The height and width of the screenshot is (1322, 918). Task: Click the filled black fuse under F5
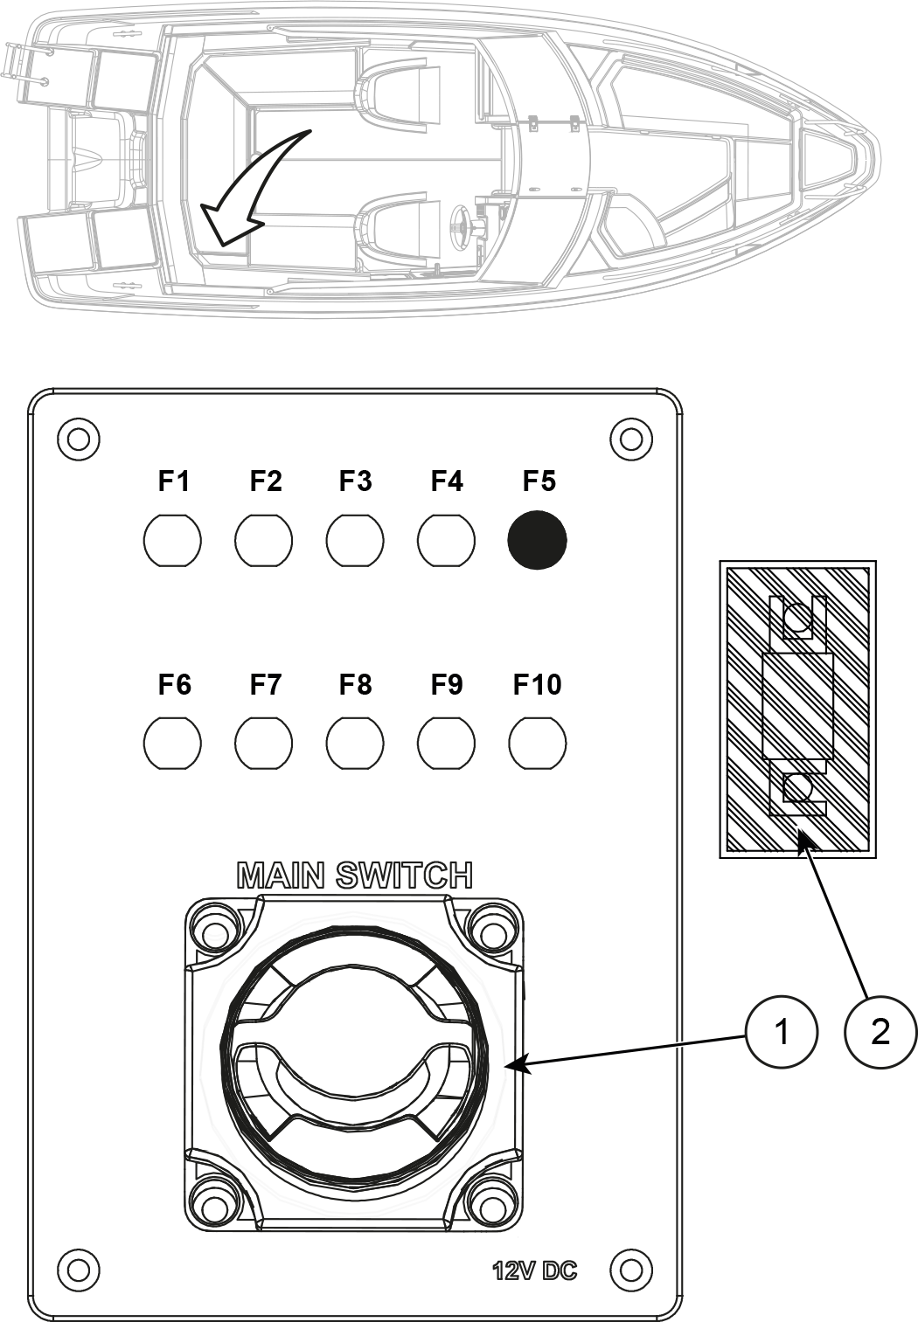537,540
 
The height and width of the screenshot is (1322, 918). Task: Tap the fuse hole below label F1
172,540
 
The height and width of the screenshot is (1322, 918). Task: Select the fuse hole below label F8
355,744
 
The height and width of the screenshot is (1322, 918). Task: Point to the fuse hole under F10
537,744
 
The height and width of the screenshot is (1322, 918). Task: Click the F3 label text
355,481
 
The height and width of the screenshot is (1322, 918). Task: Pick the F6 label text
174,685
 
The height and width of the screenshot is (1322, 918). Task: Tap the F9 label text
446,685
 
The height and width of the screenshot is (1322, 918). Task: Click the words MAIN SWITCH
355,876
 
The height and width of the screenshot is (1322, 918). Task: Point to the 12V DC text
534,1270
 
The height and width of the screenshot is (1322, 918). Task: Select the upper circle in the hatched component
796,620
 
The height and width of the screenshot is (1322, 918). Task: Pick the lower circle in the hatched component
796,789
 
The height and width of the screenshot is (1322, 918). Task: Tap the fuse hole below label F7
263,744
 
